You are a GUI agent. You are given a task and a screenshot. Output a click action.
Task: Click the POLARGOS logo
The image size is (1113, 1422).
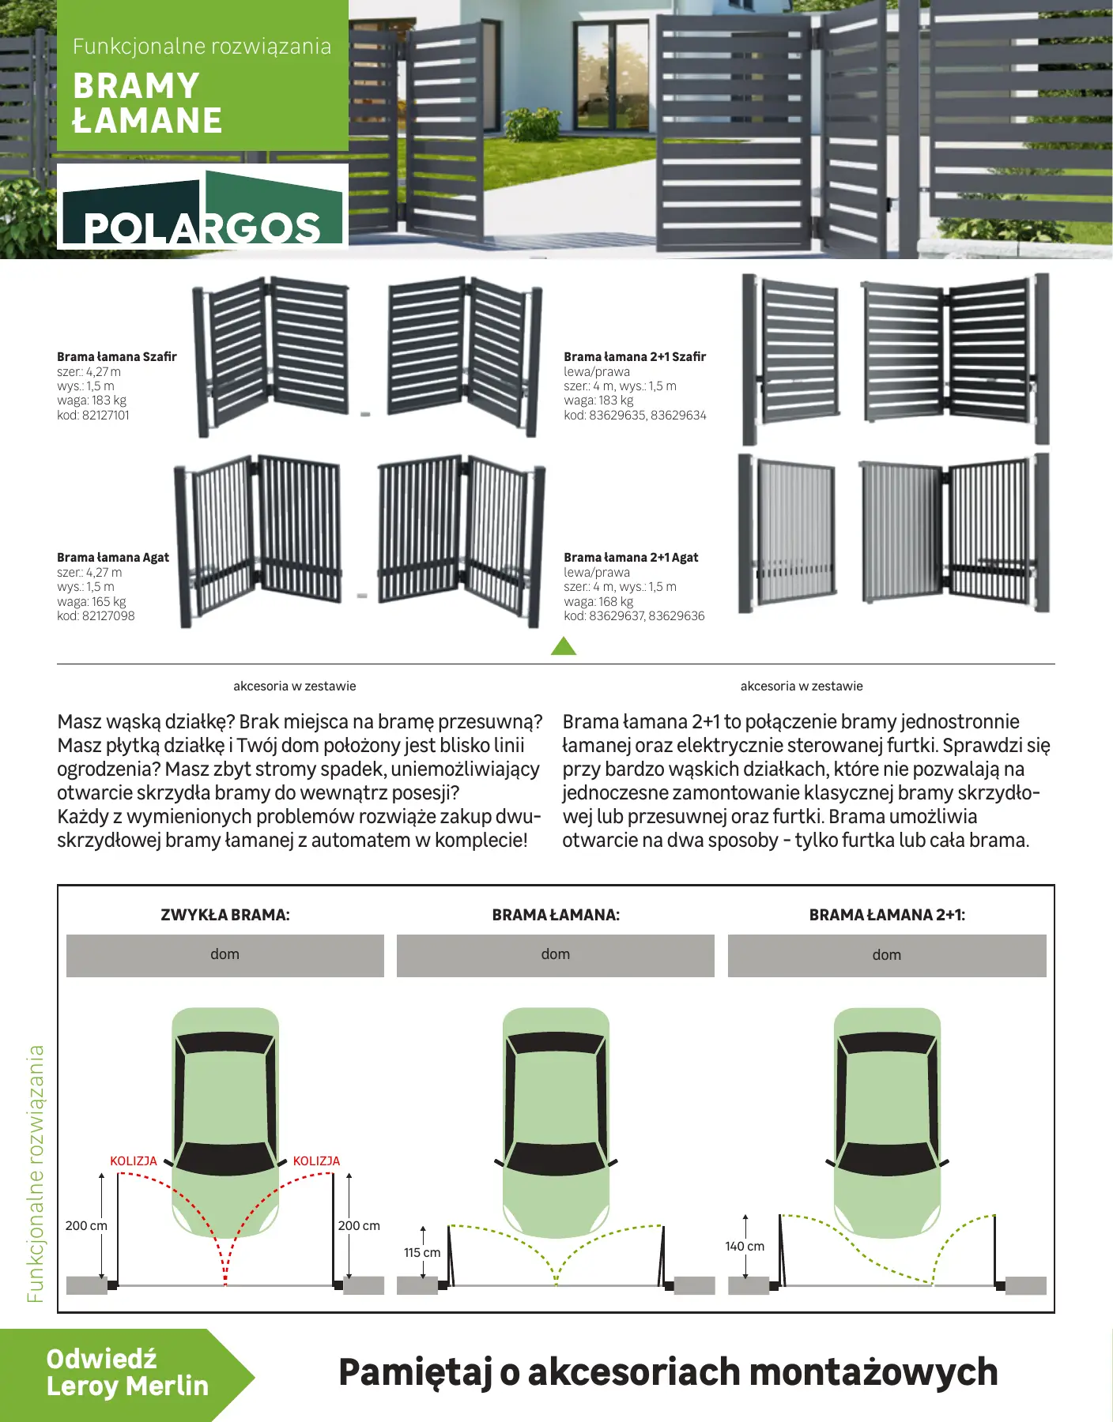click(202, 208)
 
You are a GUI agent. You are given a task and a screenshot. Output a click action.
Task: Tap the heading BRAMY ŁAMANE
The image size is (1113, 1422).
click(147, 103)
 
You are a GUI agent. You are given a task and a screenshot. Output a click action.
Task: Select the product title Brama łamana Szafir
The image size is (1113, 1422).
click(117, 357)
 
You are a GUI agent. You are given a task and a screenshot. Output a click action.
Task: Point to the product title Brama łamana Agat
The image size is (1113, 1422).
click(113, 558)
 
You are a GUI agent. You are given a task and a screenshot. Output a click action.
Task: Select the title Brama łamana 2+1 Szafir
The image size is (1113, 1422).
click(635, 357)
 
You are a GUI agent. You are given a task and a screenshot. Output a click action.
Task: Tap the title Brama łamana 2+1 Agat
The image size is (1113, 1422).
click(631, 558)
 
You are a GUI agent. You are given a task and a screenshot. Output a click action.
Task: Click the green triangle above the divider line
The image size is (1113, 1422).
click(564, 647)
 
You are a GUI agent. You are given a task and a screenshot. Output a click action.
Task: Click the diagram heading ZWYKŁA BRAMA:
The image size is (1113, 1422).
click(225, 915)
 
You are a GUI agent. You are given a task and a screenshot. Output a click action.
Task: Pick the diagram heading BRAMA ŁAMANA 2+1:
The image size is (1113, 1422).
click(887, 915)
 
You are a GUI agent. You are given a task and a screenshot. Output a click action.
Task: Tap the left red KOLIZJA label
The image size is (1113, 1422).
click(134, 1161)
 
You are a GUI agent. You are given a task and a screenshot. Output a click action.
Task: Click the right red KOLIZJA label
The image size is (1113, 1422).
click(316, 1161)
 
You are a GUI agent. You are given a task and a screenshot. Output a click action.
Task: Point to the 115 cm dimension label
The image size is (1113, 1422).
click(422, 1253)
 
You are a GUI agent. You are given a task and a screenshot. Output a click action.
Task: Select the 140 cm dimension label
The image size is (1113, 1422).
click(745, 1247)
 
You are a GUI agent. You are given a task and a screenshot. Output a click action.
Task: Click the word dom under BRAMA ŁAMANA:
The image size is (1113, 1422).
click(556, 954)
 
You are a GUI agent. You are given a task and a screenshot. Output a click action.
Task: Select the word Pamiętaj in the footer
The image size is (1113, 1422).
click(416, 1372)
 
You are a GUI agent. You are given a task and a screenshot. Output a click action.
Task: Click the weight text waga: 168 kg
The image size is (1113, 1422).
click(598, 602)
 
